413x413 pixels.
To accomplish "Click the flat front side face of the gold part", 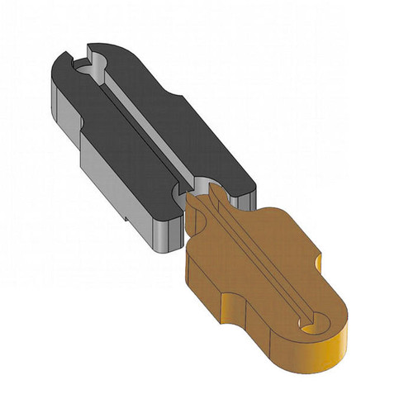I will pyautogui.click(x=206, y=285).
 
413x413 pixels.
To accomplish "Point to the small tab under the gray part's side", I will pyautogui.click(x=124, y=219).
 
